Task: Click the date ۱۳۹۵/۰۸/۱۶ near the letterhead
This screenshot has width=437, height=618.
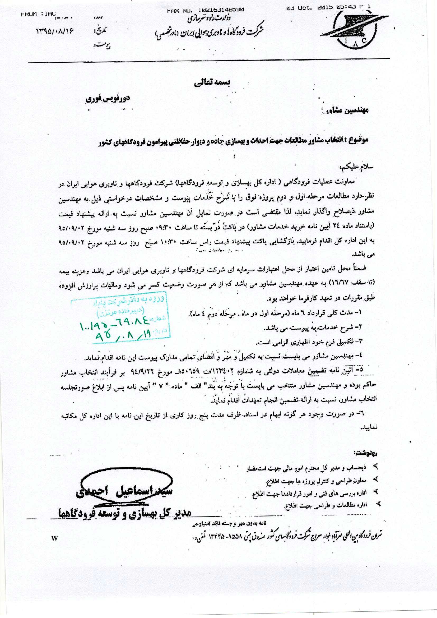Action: click(x=55, y=31)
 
